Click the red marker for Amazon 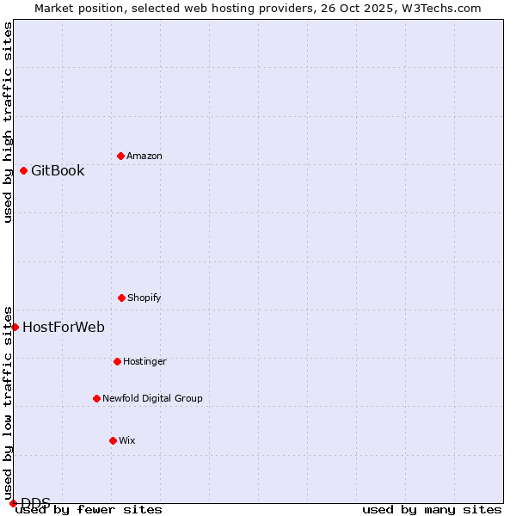120,156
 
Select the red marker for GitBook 23,170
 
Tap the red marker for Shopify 121,298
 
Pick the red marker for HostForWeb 15,327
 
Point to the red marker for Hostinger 117,361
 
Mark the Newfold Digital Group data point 96,398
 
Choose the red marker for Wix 113,440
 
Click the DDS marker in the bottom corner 13,503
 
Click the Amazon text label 144,156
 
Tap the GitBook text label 58,170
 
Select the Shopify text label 144,298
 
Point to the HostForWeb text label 64,327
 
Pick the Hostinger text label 144,361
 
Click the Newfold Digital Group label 152,398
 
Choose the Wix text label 127,440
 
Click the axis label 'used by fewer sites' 89,509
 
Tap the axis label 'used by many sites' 432,509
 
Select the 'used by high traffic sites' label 8,122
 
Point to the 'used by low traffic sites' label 8,402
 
